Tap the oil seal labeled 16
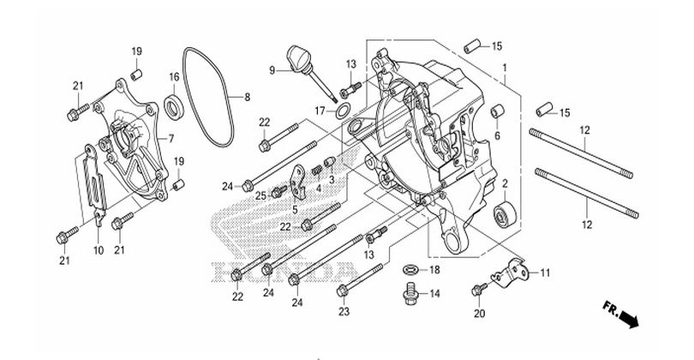point(174,107)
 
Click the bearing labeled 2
point(505,214)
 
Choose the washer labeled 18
point(411,269)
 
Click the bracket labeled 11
point(512,271)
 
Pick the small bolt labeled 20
point(479,289)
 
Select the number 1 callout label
point(505,68)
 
